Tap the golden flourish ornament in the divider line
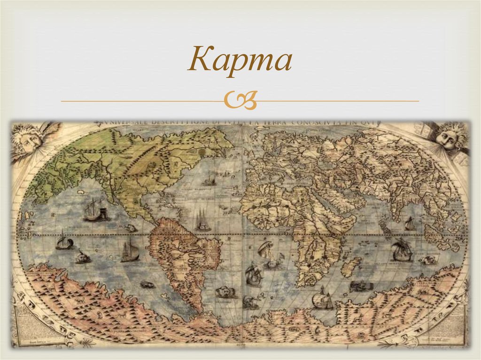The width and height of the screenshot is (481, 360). coord(240,101)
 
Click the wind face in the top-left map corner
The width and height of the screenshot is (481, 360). coord(29,139)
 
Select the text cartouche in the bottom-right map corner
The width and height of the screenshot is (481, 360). coord(453,323)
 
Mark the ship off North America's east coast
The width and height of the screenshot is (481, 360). coord(209,179)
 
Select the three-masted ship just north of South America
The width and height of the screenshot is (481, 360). coord(203,221)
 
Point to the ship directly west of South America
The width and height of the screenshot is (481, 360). coord(130,250)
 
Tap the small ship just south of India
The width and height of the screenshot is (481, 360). coord(410,224)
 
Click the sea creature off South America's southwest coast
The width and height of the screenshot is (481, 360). coord(147,284)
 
